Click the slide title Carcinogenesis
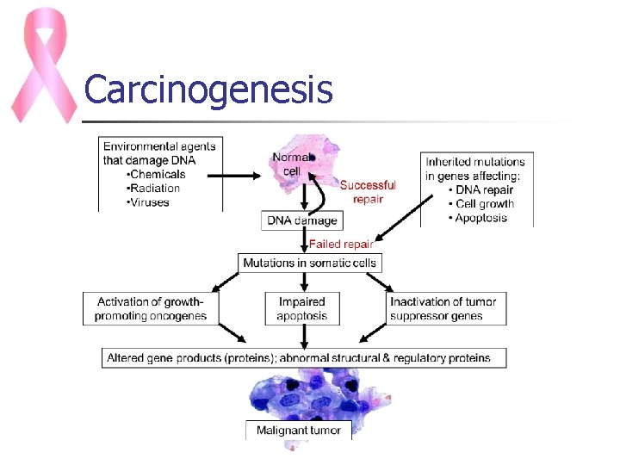(x=208, y=89)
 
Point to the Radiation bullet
(x=152, y=189)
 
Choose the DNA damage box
(x=301, y=220)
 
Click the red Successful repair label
(x=368, y=192)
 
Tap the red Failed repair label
(x=341, y=245)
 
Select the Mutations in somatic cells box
(x=309, y=263)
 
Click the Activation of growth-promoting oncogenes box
(x=152, y=309)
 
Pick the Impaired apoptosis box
(x=301, y=309)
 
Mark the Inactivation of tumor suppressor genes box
(x=444, y=309)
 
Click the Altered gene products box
(x=298, y=357)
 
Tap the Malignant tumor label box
(x=299, y=431)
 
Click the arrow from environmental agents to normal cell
(x=233, y=177)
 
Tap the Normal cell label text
(x=289, y=164)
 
